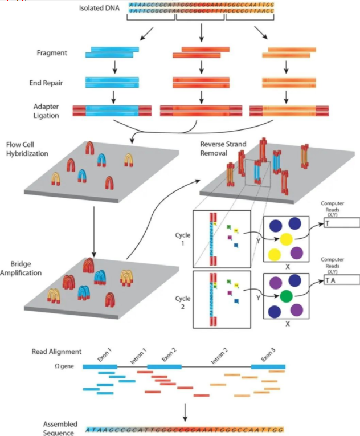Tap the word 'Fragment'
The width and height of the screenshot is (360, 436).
[x=52, y=53]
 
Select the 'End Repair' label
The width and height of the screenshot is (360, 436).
[x=51, y=83]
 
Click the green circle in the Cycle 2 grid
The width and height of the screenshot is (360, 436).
[x=286, y=296]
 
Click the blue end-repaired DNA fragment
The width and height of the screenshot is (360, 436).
[x=113, y=82]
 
